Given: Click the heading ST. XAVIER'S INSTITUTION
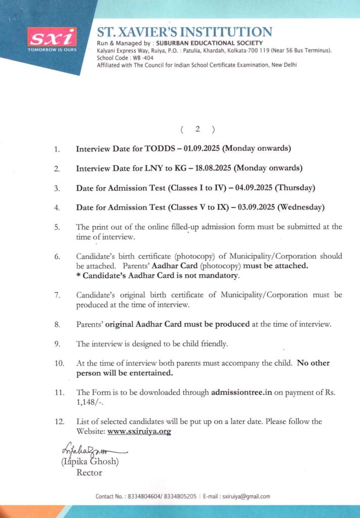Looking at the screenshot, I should click(184, 32).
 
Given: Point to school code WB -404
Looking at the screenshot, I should click(125, 58).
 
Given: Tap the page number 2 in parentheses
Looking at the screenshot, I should click(197, 129).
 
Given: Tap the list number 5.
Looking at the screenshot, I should click(57, 227).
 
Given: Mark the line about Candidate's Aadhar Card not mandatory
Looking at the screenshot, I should click(157, 276).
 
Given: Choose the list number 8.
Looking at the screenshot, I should click(57, 324).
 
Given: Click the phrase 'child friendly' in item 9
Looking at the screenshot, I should click(206, 344).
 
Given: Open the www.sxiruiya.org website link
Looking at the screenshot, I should click(139, 431).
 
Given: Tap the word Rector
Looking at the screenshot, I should click(89, 472).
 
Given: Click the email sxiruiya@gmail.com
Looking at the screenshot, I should click(247, 496).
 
